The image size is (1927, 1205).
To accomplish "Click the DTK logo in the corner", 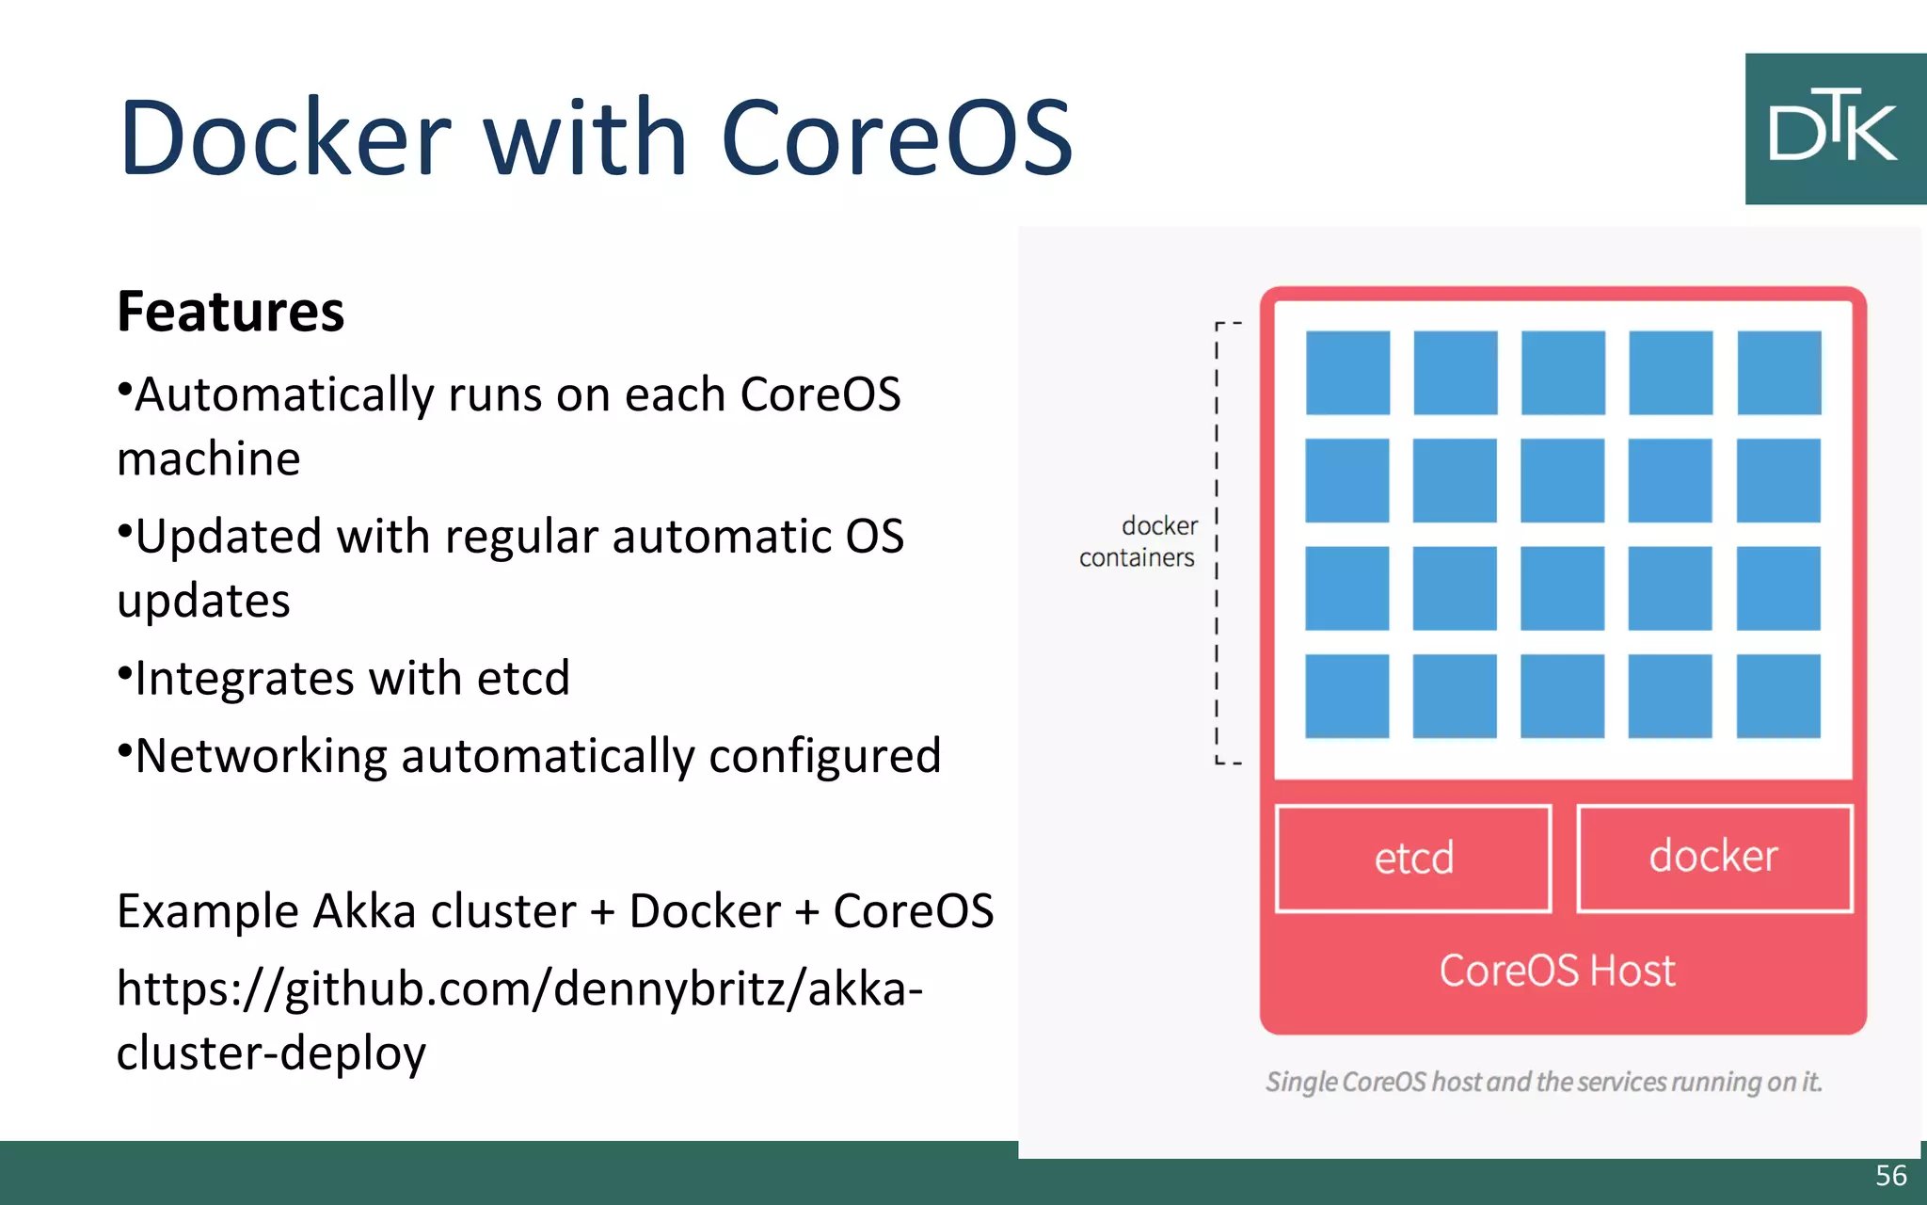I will (1835, 129).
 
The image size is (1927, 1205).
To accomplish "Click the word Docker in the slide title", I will (285, 137).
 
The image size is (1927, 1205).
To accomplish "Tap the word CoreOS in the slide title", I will (897, 137).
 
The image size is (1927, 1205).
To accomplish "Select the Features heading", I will (231, 312).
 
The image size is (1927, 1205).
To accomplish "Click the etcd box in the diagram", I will (1413, 858).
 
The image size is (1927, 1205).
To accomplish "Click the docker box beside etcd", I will (1714, 858).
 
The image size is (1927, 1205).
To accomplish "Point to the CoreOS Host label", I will (1557, 971).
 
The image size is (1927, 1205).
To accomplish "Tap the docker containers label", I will (1139, 541).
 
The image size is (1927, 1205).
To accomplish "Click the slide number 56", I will (1890, 1175).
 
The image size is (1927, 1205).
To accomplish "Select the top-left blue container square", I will (1347, 373).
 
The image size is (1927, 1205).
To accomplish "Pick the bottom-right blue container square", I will (1778, 696).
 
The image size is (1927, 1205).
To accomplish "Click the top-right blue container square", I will (1778, 373).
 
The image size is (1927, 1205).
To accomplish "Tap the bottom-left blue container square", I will (1347, 696).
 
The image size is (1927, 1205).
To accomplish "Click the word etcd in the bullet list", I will (523, 678).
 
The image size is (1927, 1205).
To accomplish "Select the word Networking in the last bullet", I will (261, 756).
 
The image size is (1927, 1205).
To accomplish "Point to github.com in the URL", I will (414, 989).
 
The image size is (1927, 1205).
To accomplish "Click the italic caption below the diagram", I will (1543, 1082).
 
